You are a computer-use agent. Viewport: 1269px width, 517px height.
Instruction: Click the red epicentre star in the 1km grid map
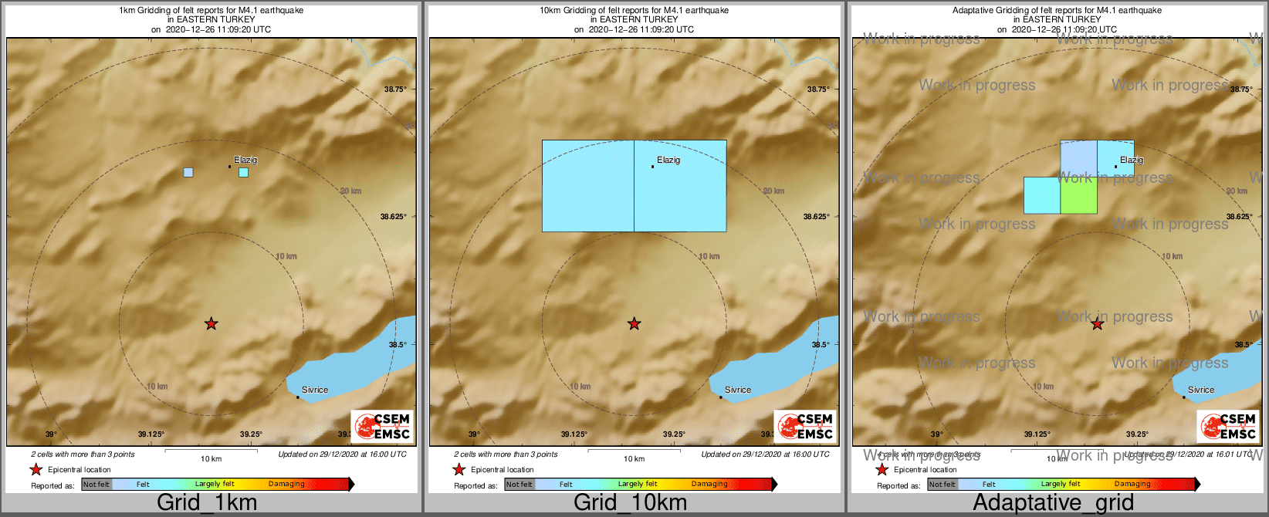point(211,324)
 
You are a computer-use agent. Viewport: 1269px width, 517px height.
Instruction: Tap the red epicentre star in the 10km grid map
point(634,324)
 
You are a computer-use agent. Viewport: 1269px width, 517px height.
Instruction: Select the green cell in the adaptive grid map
point(1078,195)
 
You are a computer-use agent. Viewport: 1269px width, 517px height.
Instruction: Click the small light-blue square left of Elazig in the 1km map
point(188,172)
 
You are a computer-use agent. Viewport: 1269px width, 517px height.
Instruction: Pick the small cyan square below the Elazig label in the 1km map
point(244,172)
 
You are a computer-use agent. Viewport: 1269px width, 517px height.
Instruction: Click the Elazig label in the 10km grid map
point(668,161)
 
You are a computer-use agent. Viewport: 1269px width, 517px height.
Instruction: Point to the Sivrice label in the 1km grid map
point(315,390)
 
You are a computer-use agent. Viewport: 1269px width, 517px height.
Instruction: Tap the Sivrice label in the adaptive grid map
point(1201,390)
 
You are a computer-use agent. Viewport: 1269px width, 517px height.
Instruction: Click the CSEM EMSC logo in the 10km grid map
point(805,426)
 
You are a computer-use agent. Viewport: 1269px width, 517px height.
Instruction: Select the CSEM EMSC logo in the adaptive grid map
point(1228,426)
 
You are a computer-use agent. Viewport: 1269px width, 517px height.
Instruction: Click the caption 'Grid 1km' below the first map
point(207,503)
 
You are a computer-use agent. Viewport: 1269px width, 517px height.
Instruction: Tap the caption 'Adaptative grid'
point(1053,503)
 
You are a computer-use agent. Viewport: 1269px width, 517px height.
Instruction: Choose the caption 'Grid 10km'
point(630,503)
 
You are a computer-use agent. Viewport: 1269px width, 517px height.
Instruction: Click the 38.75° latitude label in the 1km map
point(395,89)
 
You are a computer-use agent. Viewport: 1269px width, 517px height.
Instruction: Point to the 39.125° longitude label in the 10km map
point(574,434)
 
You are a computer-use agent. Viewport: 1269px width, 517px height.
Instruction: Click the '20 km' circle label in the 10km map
point(773,191)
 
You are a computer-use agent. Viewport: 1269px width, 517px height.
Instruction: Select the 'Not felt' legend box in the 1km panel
point(96,485)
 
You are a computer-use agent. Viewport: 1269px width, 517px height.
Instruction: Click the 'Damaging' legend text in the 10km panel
point(709,485)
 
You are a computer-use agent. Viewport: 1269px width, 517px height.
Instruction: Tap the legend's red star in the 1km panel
point(36,469)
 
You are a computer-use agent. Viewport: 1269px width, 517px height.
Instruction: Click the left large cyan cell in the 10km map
point(588,185)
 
